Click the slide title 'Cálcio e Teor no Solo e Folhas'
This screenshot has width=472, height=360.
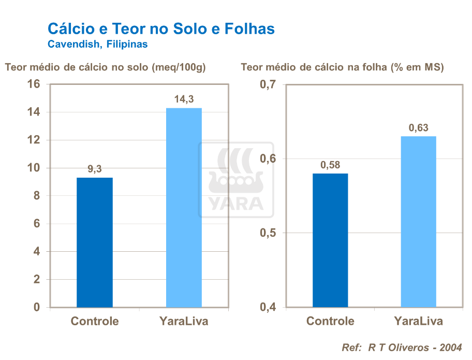point(161,28)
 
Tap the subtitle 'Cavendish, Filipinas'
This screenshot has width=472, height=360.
point(97,45)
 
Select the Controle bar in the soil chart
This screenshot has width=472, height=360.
point(95,242)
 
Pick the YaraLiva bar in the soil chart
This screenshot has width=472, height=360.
point(184,207)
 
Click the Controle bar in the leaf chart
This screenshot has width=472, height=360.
point(330,240)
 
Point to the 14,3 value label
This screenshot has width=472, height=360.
point(184,99)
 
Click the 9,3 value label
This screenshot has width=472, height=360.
point(95,169)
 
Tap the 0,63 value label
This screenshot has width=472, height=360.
point(419,128)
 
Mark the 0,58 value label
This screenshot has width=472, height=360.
point(330,165)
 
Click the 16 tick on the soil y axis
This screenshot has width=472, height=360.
point(33,84)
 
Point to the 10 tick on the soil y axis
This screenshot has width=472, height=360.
point(33,168)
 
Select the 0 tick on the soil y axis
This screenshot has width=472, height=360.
point(36,307)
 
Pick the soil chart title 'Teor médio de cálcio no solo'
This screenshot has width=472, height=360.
point(106,67)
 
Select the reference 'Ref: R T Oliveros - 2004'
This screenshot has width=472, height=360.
point(402,347)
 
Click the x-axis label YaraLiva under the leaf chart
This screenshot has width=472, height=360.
point(419,321)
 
